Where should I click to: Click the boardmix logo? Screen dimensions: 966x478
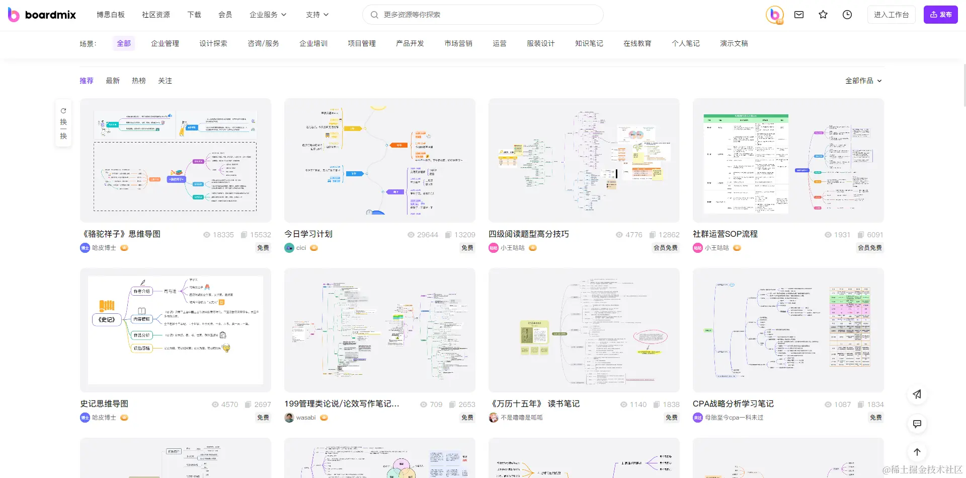pos(42,15)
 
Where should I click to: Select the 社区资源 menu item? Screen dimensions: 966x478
pos(156,15)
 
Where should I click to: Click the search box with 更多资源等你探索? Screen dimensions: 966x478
pos(483,15)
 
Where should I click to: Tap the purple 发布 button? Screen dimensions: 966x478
pos(940,15)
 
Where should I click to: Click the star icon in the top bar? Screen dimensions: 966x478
pos(823,15)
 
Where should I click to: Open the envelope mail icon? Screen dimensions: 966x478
pos(799,15)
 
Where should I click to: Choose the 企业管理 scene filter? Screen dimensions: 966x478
pos(165,43)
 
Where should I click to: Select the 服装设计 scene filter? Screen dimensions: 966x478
pos(541,43)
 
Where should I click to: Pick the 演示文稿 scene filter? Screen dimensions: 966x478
pos(734,43)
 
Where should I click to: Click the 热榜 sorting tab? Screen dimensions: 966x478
pos(139,81)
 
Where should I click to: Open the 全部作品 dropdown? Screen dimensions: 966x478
pos(863,81)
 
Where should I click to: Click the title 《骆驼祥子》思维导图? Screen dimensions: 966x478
pos(121,234)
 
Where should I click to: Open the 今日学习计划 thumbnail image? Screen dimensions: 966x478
pos(380,160)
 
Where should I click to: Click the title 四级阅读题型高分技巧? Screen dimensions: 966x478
pos(529,234)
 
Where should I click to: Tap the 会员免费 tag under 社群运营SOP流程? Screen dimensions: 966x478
pos(869,248)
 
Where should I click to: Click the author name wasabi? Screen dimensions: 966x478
pos(306,418)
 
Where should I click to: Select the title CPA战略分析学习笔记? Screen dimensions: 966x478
pos(733,404)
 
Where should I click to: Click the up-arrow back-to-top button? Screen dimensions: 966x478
pos(917,452)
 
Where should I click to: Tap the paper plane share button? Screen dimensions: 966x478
pos(917,394)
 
